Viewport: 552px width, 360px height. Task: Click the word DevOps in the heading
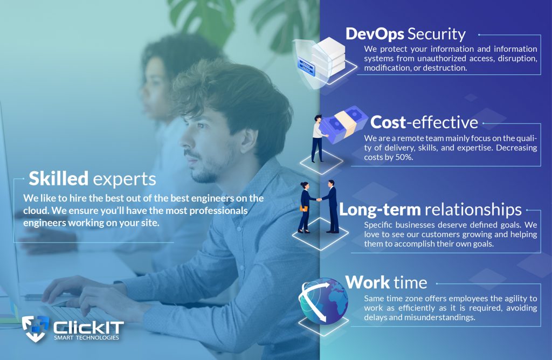[x=375, y=34]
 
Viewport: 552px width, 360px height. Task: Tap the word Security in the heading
[x=437, y=34]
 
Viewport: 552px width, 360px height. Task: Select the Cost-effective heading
[x=424, y=122]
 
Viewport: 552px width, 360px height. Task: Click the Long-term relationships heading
[x=430, y=210]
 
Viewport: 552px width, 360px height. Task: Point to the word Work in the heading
[x=368, y=282]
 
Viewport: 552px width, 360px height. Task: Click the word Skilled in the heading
[x=58, y=178]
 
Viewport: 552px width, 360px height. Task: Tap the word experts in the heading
[x=124, y=180]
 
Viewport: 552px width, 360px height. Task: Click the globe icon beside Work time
[x=323, y=301]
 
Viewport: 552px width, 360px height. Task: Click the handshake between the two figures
[x=319, y=199]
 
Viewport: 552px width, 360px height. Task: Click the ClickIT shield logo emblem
[x=35, y=328]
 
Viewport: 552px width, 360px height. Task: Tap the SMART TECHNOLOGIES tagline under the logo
[x=86, y=338]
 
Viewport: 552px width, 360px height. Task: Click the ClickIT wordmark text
[x=88, y=328]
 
